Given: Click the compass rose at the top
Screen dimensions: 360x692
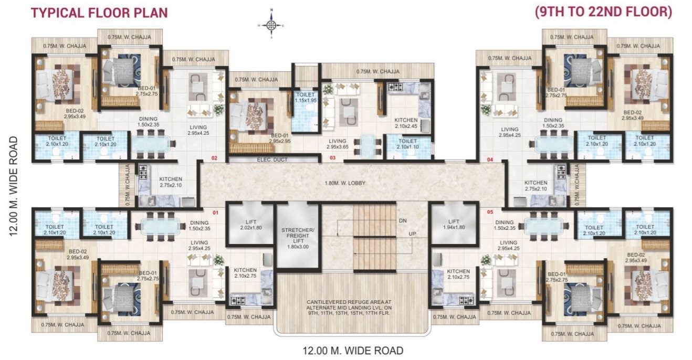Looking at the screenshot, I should coord(271,24).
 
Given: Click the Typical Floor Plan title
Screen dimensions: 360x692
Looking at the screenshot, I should coord(99,12).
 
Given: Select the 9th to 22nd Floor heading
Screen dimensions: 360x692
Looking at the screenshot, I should coord(603,12).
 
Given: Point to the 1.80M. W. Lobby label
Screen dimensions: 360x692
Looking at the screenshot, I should coord(345,183).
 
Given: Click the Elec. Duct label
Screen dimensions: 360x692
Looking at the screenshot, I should coord(272,160).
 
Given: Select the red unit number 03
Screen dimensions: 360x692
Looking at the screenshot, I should coord(332,157).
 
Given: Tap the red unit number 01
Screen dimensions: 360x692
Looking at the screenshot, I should coord(214,213).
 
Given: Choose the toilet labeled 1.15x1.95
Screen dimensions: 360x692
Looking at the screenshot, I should coord(305,98).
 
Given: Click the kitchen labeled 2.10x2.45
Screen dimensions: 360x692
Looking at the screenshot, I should coord(406,123).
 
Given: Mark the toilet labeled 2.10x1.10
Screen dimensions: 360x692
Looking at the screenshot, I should coord(407,144).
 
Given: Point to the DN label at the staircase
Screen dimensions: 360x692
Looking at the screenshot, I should coord(403,220).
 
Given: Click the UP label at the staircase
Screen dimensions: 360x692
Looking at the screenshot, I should coord(413,234).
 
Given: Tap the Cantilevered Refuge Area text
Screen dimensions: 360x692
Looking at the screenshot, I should coord(352,309).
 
